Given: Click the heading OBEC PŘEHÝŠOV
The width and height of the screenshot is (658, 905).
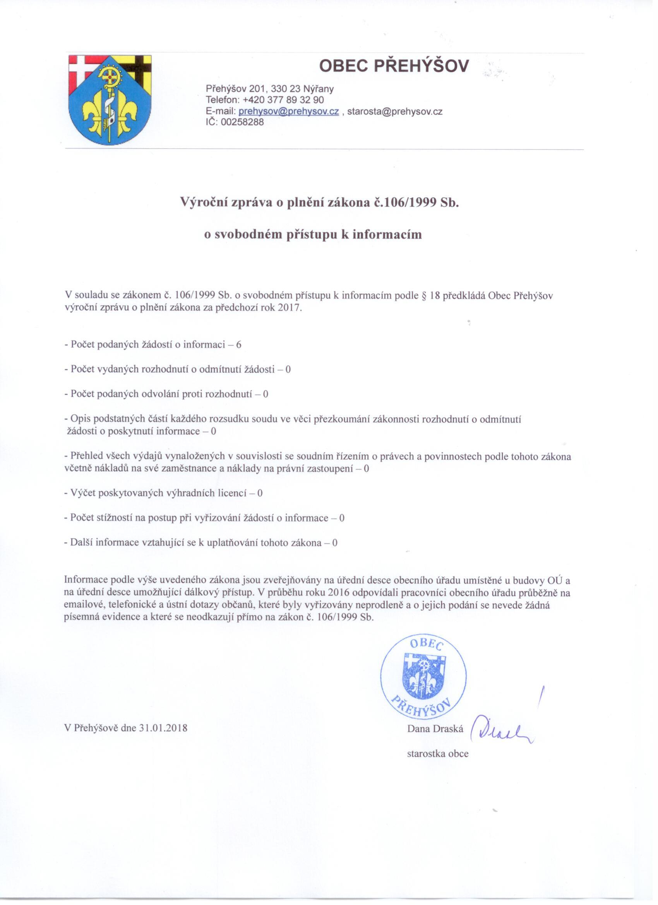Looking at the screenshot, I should tap(394, 66).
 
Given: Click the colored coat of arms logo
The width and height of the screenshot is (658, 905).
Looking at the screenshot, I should tap(110, 100).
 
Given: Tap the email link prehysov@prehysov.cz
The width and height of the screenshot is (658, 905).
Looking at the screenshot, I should tap(288, 111).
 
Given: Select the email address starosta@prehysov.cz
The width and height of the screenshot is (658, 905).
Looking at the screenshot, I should tap(395, 111).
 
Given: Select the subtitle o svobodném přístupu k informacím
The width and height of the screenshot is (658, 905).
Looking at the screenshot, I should tap(313, 234).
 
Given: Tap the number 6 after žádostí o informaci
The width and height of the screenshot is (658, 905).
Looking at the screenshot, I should tap(238, 345).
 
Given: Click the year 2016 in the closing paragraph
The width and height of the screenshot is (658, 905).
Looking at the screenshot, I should tap(337, 593).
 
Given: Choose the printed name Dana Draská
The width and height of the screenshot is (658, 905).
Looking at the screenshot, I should tap(435, 729).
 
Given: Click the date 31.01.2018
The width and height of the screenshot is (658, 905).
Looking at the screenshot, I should tap(163, 728).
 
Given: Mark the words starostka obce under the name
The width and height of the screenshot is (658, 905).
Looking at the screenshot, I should tap(438, 754).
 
